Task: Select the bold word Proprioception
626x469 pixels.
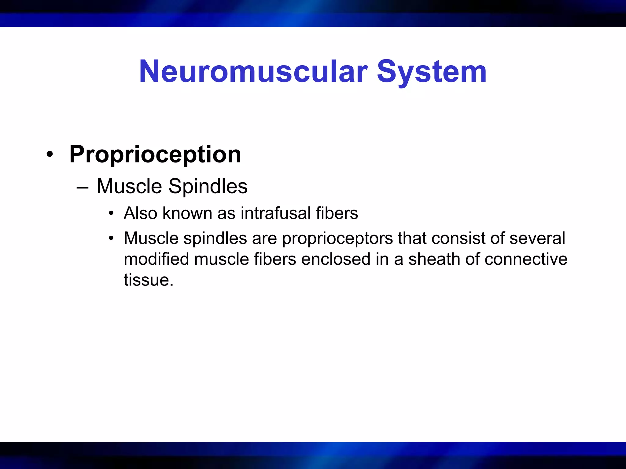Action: [155, 155]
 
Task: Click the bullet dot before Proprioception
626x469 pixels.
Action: [50, 155]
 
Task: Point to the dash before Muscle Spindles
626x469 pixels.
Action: [83, 187]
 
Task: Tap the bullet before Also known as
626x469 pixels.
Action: [111, 213]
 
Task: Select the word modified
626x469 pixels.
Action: [156, 259]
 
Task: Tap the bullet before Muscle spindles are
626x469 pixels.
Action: [111, 238]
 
